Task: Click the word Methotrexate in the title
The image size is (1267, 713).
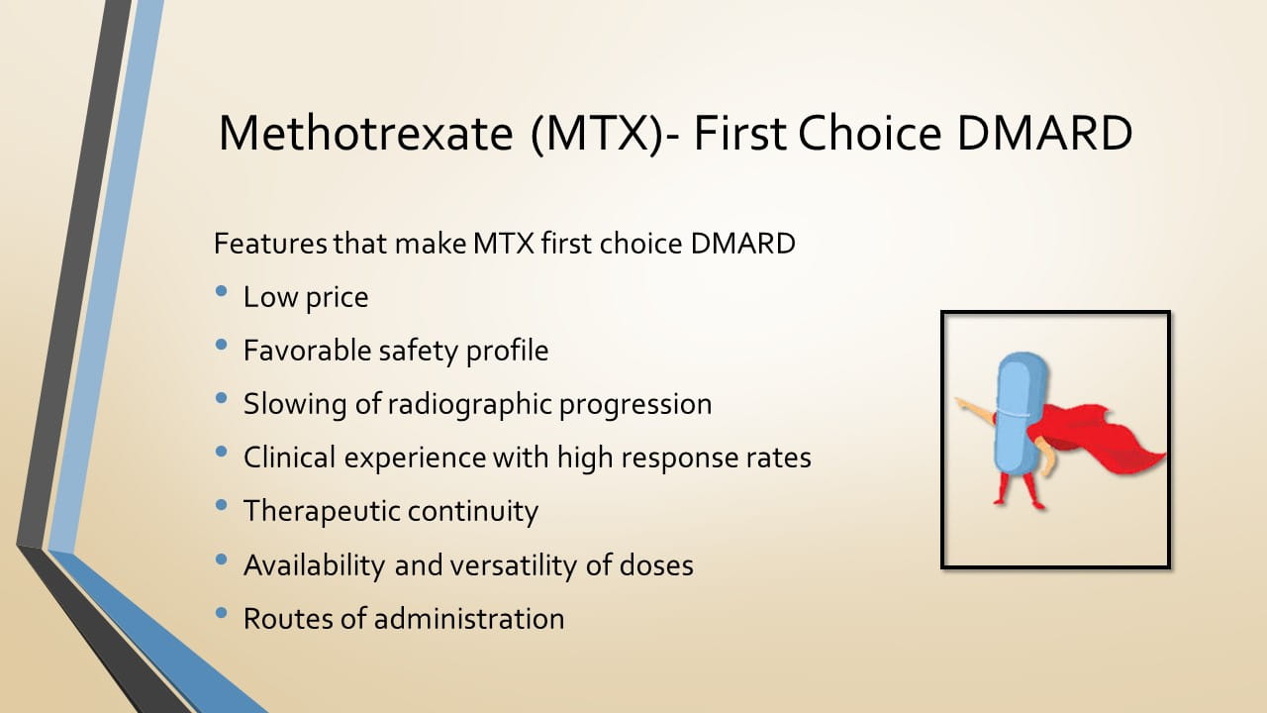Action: coord(365,133)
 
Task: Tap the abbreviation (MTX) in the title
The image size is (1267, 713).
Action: coord(597,134)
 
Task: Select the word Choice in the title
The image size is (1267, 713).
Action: coord(869,133)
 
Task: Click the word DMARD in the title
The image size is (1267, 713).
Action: coord(1044,133)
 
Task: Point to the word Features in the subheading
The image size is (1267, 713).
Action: coord(270,244)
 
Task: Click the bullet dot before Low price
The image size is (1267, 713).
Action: coord(221,291)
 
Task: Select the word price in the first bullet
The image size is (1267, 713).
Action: coord(337,298)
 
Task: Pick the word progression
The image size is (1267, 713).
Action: coord(635,405)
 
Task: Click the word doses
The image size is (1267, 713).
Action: coord(656,564)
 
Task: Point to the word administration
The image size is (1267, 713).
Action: coord(469,618)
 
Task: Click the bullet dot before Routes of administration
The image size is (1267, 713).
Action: coord(221,613)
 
